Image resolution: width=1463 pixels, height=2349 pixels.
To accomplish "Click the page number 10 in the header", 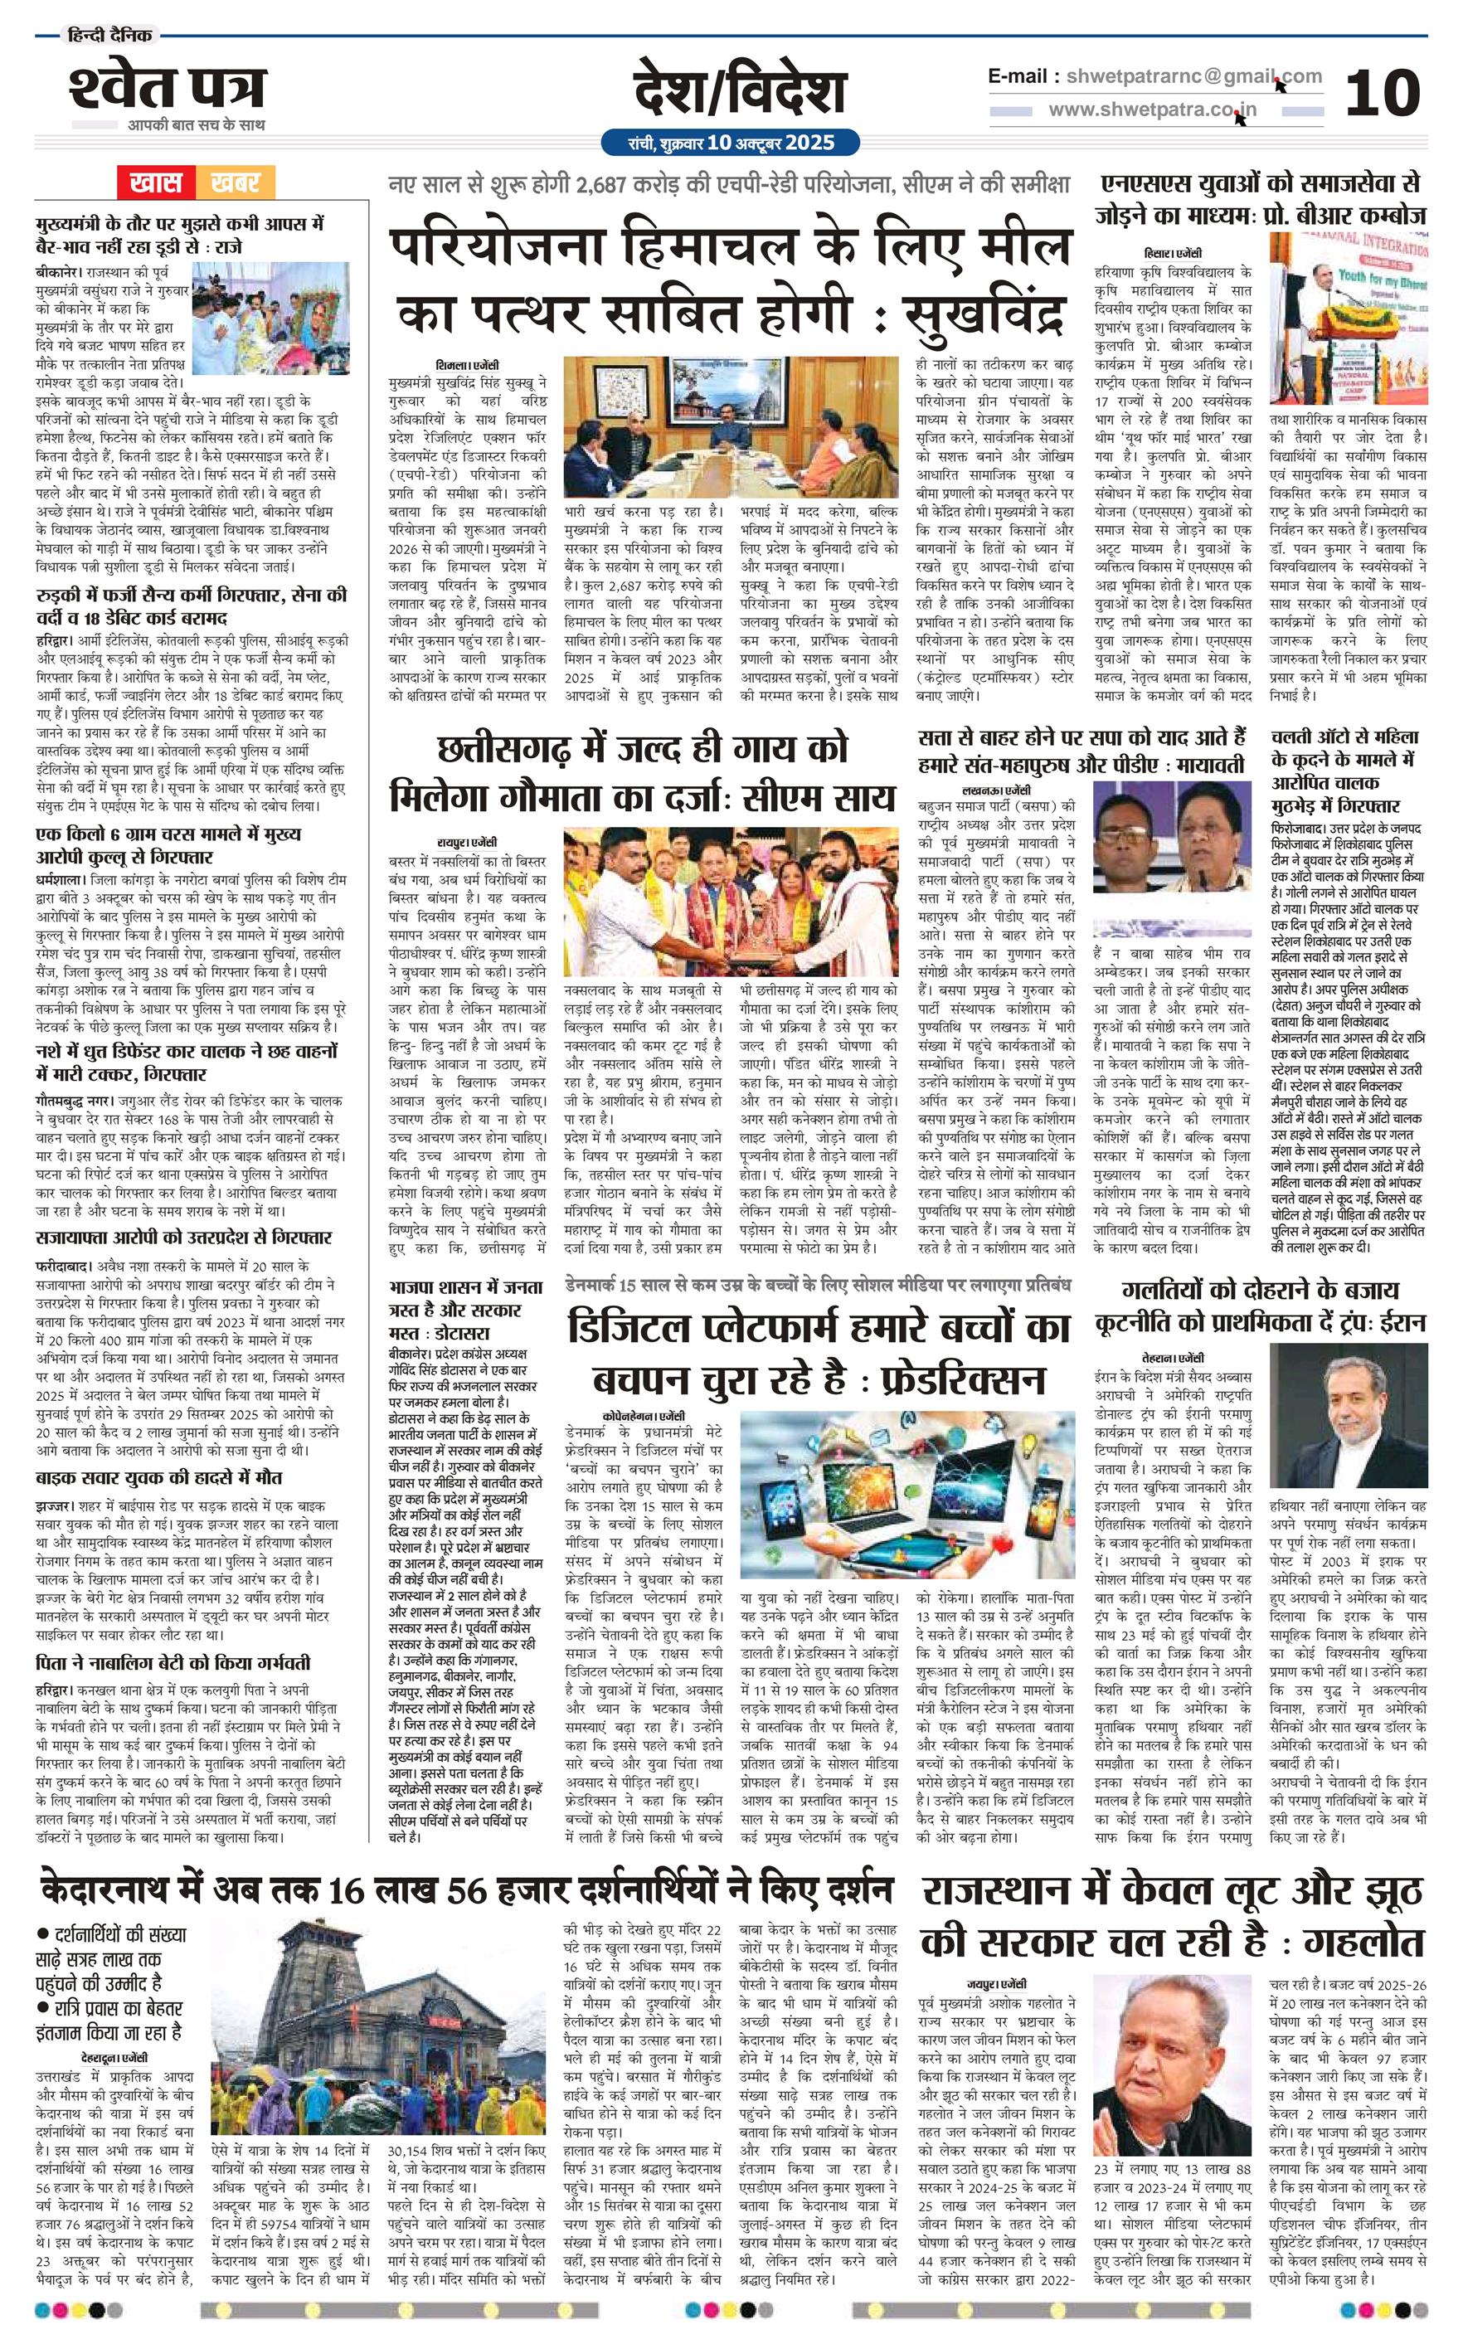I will (1383, 94).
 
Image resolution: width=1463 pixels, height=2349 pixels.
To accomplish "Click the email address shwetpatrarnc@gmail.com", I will (1188, 76).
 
